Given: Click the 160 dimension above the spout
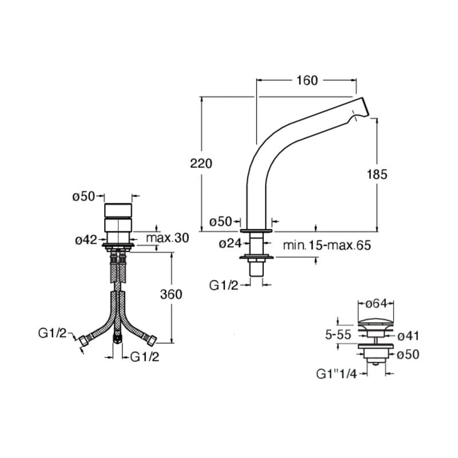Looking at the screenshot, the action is (307, 80).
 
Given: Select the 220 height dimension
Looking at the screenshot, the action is (201, 163).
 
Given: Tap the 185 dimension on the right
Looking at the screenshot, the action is (377, 175).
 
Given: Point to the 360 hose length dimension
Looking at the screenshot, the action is (171, 294).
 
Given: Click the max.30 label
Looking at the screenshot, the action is (167, 238).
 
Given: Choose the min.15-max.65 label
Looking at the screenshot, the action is (327, 245).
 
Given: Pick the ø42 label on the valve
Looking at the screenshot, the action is (86, 240).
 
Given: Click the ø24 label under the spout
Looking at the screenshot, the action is (230, 243).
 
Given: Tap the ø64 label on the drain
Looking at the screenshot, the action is (376, 303).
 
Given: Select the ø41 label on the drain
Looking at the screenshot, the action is (408, 336).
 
